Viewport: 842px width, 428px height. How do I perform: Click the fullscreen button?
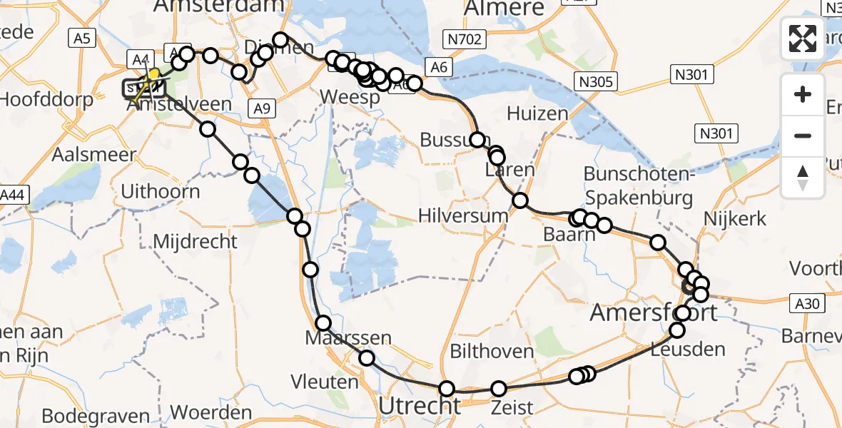[803, 39]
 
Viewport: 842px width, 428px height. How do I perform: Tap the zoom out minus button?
[803, 136]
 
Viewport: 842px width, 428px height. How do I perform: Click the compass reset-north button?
[803, 176]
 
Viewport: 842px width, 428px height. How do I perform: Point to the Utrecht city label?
[420, 406]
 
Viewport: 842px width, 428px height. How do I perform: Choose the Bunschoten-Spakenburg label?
[639, 185]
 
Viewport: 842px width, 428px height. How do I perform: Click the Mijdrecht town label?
[196, 241]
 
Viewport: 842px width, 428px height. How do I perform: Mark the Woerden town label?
[211, 412]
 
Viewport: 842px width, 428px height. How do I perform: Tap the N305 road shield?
[596, 81]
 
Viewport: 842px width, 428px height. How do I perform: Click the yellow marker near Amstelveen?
[153, 74]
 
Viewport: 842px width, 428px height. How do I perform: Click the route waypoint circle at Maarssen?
[323, 322]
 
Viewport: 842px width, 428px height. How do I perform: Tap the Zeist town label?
[512, 407]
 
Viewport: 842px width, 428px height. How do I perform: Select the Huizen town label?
[538, 113]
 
